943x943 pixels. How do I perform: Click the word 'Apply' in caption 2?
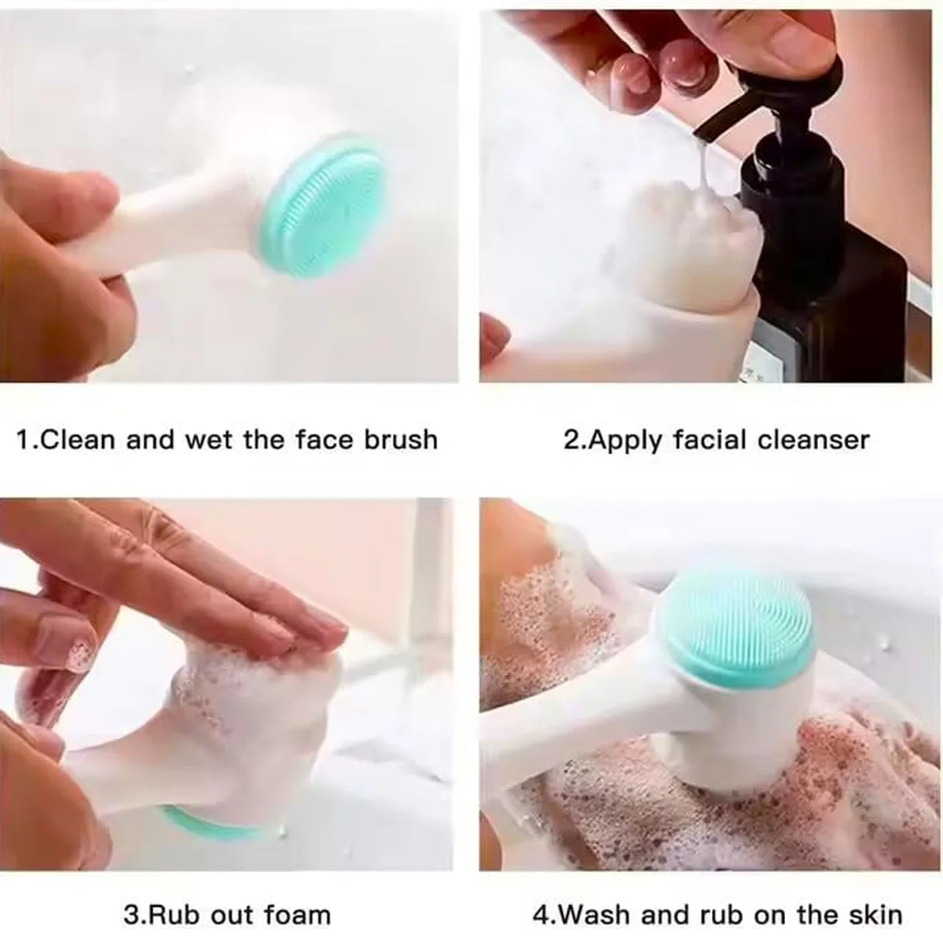pyautogui.click(x=625, y=439)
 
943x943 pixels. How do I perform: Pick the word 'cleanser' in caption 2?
pyautogui.click(x=813, y=439)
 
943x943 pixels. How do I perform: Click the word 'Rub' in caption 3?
pyautogui.click(x=169, y=915)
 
